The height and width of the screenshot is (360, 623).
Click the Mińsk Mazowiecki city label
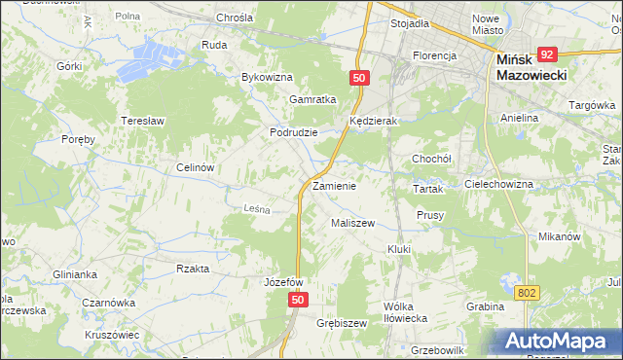click(x=530, y=68)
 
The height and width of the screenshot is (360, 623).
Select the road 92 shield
click(x=548, y=55)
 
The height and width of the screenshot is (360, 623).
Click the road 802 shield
click(x=527, y=292)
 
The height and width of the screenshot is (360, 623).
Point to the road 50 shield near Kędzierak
click(x=360, y=78)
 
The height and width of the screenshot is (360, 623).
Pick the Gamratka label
click(x=312, y=99)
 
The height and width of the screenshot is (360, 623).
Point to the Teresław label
click(x=140, y=121)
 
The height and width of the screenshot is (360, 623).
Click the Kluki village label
click(x=399, y=249)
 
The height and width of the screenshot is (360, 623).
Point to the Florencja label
click(x=434, y=55)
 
